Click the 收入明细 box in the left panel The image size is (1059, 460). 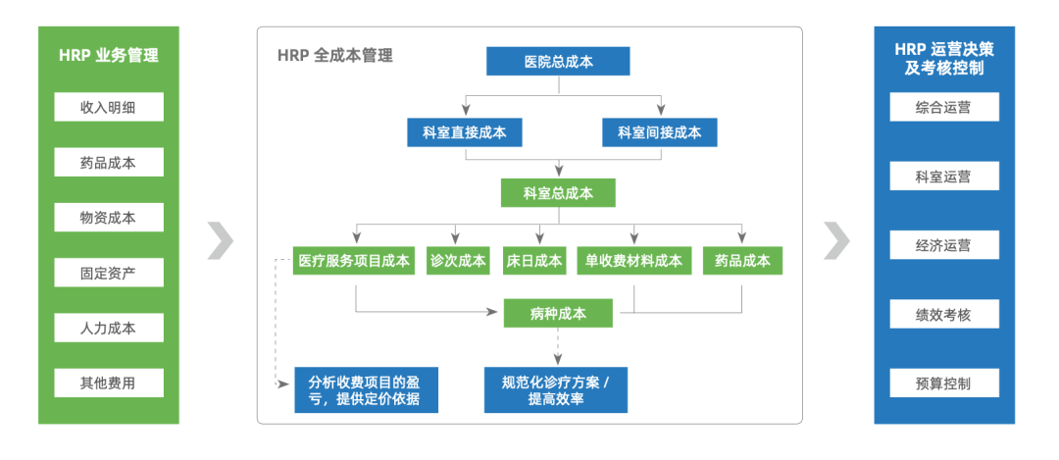(108, 107)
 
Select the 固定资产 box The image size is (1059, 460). (108, 273)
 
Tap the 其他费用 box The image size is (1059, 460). (108, 383)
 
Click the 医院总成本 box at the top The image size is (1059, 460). (558, 61)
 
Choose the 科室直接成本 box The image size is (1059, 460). (465, 132)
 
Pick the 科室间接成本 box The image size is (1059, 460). (659, 132)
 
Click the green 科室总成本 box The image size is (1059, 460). (558, 193)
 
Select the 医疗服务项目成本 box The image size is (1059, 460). (354, 261)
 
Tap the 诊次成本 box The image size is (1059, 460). (458, 261)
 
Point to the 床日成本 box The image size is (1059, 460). (534, 261)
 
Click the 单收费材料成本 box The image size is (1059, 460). (633, 261)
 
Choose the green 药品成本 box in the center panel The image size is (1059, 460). (742, 261)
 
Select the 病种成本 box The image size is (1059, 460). (558, 314)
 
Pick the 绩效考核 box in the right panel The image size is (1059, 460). (943, 314)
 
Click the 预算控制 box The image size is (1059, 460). (943, 383)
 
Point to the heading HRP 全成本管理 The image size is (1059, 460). (334, 56)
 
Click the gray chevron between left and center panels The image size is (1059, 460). (221, 240)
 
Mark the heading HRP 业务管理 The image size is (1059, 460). (108, 56)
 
